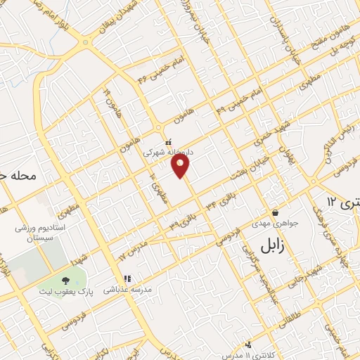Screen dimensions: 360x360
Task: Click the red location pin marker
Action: pos(181,166)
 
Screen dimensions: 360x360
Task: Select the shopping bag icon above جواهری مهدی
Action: pos(275,212)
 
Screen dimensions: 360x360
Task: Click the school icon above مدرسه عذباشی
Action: pos(127,278)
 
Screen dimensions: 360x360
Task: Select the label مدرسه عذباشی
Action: pos(127,289)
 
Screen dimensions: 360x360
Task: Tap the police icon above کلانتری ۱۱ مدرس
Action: pos(248,345)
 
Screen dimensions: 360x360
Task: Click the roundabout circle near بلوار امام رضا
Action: pos(86,42)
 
